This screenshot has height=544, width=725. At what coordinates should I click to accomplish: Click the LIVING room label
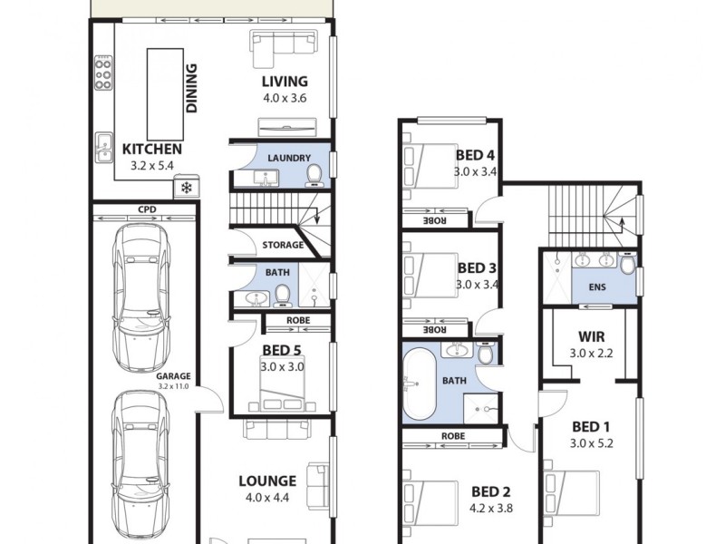[x=285, y=81]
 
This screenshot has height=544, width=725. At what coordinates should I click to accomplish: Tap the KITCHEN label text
[x=152, y=150]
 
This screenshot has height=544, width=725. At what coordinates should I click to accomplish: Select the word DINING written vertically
[x=192, y=88]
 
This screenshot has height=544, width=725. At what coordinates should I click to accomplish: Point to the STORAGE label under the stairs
[x=283, y=245]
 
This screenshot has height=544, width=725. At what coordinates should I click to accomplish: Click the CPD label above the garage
[x=146, y=209]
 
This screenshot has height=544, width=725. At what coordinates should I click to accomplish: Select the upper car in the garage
[x=141, y=294]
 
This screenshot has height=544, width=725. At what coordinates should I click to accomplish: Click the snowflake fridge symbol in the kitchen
[x=187, y=189]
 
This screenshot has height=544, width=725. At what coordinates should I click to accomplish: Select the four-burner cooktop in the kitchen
[x=102, y=73]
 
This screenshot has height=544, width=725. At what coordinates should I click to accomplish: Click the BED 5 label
[x=283, y=351]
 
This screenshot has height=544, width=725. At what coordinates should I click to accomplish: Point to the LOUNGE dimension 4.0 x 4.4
[x=267, y=497]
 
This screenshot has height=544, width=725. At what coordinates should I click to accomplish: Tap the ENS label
[x=597, y=288]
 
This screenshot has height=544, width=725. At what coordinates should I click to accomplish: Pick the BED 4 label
[x=477, y=155]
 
